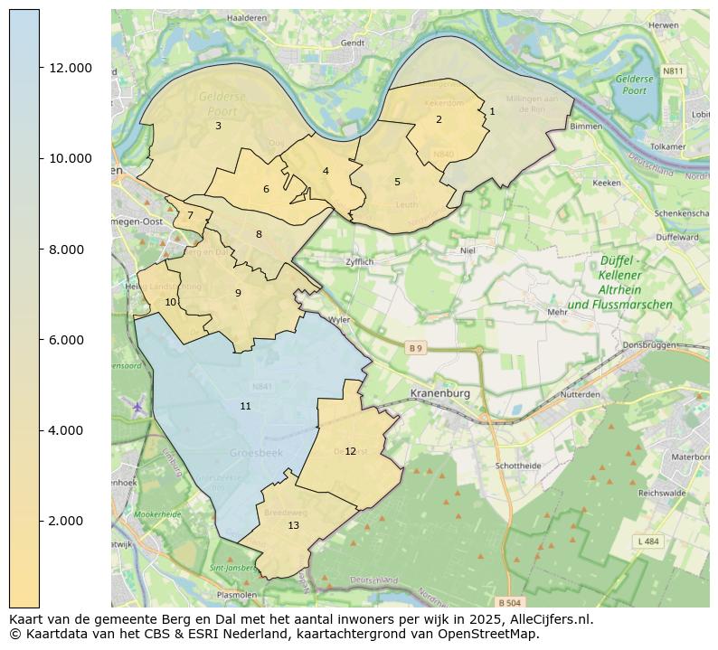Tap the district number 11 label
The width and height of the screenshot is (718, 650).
coord(245,407)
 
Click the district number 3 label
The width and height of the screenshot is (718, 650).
coord(218,127)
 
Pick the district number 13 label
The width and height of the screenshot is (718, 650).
coord(293,526)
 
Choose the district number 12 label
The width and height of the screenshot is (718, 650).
coord(350,452)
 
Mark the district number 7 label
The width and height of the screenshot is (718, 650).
coord(190,216)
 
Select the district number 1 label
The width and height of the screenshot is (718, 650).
coord(492,112)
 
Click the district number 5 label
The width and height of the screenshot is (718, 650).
coord(397,183)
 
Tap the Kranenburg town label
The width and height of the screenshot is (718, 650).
coord(441,393)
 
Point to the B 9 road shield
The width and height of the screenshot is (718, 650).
coord(415,348)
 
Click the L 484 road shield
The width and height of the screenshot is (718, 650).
coord(647,541)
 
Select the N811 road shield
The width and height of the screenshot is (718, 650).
coord(673,71)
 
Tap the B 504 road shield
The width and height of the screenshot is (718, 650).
coord(509,602)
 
